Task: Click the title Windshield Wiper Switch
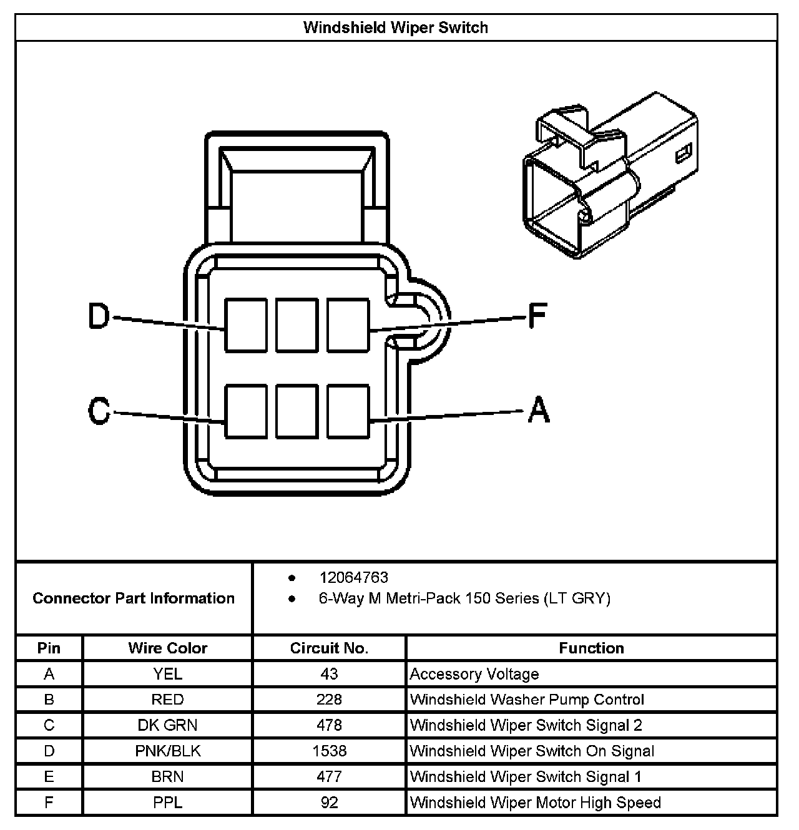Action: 396,27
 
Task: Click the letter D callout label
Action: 99,316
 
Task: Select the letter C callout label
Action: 99,412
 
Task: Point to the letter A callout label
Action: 539,410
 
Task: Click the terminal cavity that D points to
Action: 246,325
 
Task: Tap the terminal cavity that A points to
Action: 348,411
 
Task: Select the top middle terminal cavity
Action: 297,325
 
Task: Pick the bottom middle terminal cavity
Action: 297,411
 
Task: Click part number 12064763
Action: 353,577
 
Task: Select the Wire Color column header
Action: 167,648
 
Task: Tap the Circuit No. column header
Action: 329,648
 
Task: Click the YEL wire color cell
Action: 167,674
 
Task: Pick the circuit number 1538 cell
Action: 329,751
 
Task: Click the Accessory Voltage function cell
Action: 474,674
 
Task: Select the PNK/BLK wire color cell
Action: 167,751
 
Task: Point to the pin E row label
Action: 49,776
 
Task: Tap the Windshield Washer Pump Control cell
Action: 527,700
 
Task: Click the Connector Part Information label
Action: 134,598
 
